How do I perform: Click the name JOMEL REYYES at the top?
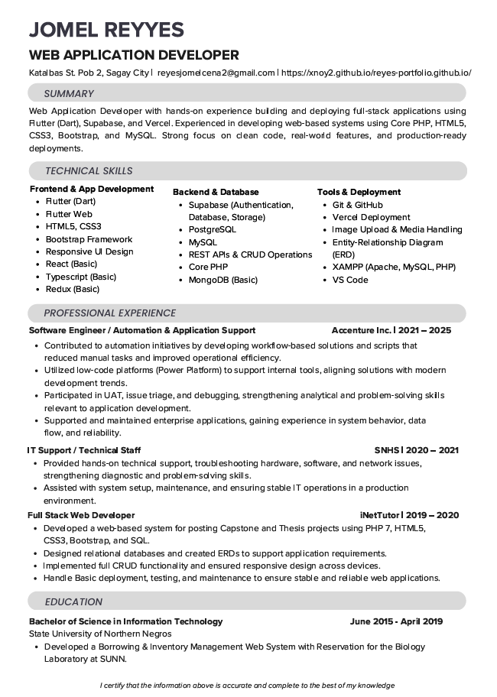[106, 30]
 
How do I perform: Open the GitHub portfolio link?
[376, 73]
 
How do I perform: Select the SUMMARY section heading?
[69, 93]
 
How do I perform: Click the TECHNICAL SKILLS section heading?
[88, 170]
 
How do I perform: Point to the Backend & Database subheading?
[216, 192]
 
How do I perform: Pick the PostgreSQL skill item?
[213, 229]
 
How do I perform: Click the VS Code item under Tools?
[350, 280]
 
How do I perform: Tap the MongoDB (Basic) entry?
[223, 280]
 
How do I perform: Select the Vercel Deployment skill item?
[371, 217]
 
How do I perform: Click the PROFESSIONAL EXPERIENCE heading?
[109, 313]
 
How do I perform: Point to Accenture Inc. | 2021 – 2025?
[391, 331]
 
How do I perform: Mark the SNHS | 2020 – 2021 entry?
[416, 450]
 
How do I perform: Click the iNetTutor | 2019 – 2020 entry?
[409, 515]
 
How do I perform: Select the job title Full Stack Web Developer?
[81, 515]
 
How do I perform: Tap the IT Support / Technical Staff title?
[84, 450]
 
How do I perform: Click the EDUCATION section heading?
[73, 601]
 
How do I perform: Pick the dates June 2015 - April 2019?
[396, 621]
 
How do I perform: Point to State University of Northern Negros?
[100, 634]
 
